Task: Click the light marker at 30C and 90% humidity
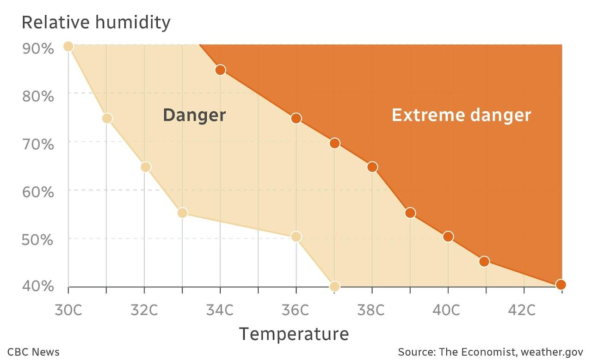(68, 46)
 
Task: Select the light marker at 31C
(107, 118)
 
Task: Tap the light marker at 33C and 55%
(182, 213)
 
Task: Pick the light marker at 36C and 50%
(296, 237)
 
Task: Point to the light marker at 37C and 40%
(334, 286)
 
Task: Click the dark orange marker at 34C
(220, 70)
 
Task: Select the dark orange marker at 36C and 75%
(296, 118)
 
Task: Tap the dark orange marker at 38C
(372, 167)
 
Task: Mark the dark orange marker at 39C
(410, 213)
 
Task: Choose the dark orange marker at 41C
(484, 261)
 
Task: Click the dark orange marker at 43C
(561, 285)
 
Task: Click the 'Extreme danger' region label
(461, 115)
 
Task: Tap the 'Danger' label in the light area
(194, 115)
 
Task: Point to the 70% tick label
(38, 144)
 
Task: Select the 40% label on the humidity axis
(38, 287)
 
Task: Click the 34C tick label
(220, 310)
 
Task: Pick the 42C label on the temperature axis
(523, 310)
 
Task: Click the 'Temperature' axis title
(293, 334)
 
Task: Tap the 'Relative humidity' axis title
(96, 22)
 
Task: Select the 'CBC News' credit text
(33, 352)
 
